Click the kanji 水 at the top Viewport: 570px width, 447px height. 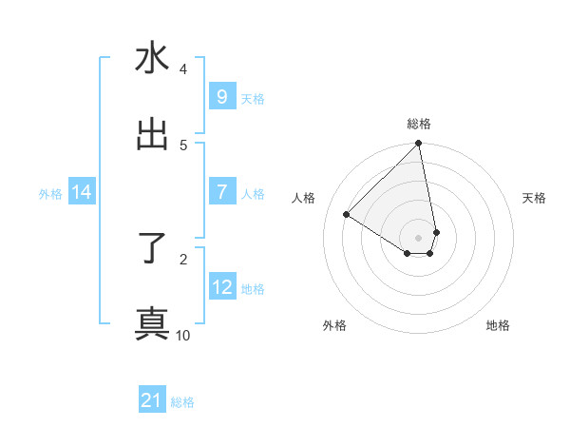(x=152, y=59)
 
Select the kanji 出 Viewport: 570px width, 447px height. (x=152, y=134)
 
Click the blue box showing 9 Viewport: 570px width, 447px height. (x=221, y=97)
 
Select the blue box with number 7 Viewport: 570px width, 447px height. (x=221, y=192)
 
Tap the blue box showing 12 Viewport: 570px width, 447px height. (x=221, y=287)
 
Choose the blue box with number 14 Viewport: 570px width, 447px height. (x=81, y=192)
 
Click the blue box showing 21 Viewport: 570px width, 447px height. (x=152, y=400)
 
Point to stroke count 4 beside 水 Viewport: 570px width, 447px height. (x=183, y=69)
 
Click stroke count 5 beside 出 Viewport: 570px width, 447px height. (x=183, y=146)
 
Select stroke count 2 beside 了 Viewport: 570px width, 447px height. (x=183, y=259)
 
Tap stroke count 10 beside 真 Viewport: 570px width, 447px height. (x=183, y=335)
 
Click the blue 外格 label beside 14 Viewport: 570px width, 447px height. (x=50, y=194)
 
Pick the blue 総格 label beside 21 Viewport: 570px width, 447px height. (x=182, y=402)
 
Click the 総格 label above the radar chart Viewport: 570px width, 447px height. (x=419, y=125)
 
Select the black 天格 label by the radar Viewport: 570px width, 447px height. (x=535, y=198)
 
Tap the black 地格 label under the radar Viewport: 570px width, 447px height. (x=498, y=326)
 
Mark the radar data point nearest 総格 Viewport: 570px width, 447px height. (x=418, y=145)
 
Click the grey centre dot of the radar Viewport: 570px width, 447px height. (x=418, y=237)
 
